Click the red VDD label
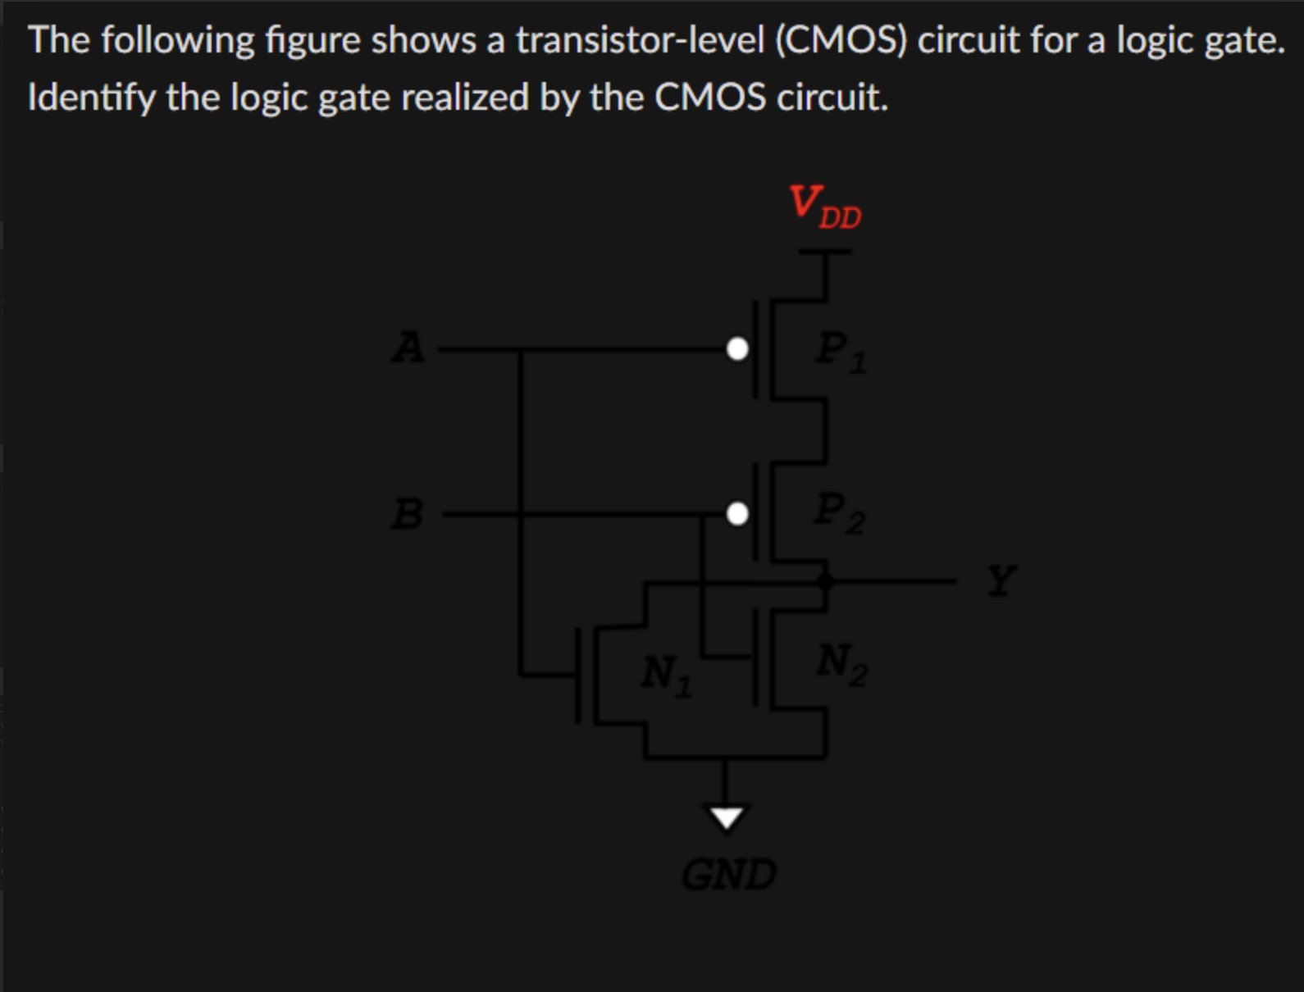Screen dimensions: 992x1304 (x=823, y=206)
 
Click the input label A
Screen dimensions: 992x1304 (x=408, y=348)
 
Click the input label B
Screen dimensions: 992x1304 (x=408, y=514)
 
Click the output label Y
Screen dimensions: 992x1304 (x=1001, y=580)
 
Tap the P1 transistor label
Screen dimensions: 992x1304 (x=840, y=351)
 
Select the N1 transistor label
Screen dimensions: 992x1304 (x=665, y=675)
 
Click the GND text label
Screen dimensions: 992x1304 (x=728, y=874)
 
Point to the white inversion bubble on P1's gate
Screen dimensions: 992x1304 (x=737, y=349)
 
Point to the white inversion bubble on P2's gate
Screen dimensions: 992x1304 (x=737, y=514)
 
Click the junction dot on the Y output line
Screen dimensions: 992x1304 (x=825, y=581)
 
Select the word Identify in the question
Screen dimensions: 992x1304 (x=91, y=98)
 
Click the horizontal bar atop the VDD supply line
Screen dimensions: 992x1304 (x=825, y=253)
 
